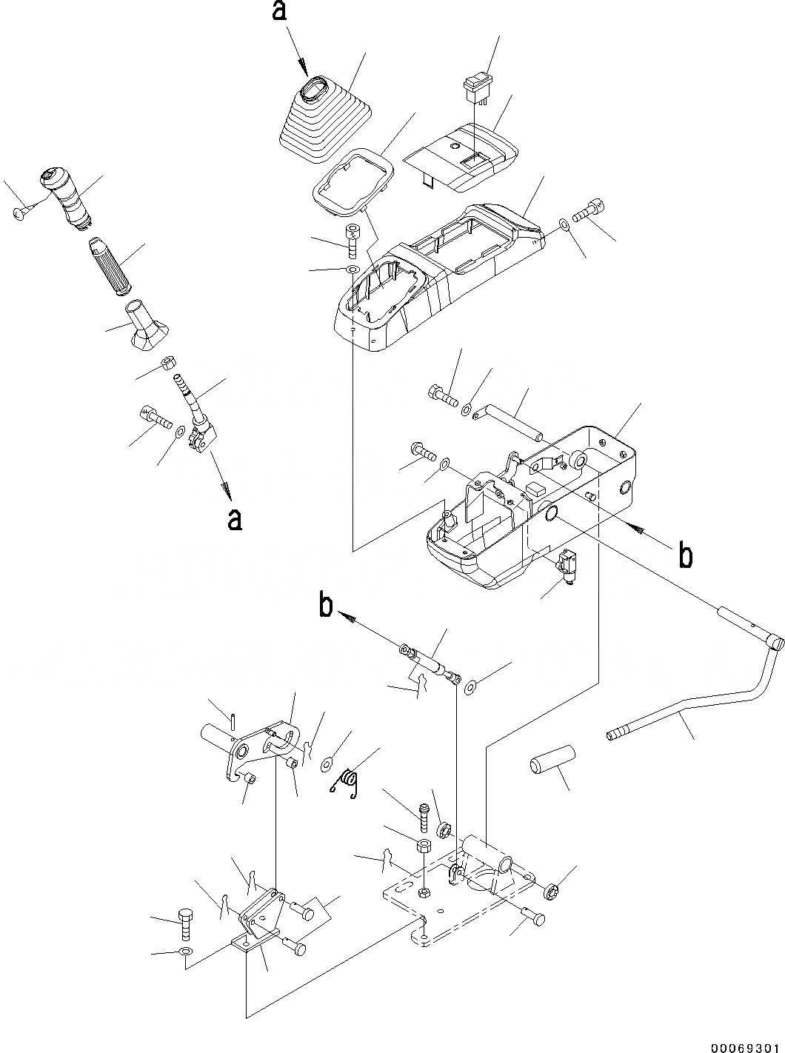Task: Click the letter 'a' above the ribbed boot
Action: [x=279, y=13]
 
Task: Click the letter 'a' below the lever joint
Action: [x=235, y=520]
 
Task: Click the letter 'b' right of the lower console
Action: [x=687, y=555]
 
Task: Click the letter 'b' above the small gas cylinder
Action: [x=325, y=605]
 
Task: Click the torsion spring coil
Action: [x=346, y=783]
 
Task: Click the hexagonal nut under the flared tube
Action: [x=167, y=364]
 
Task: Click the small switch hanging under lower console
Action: [x=568, y=565]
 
